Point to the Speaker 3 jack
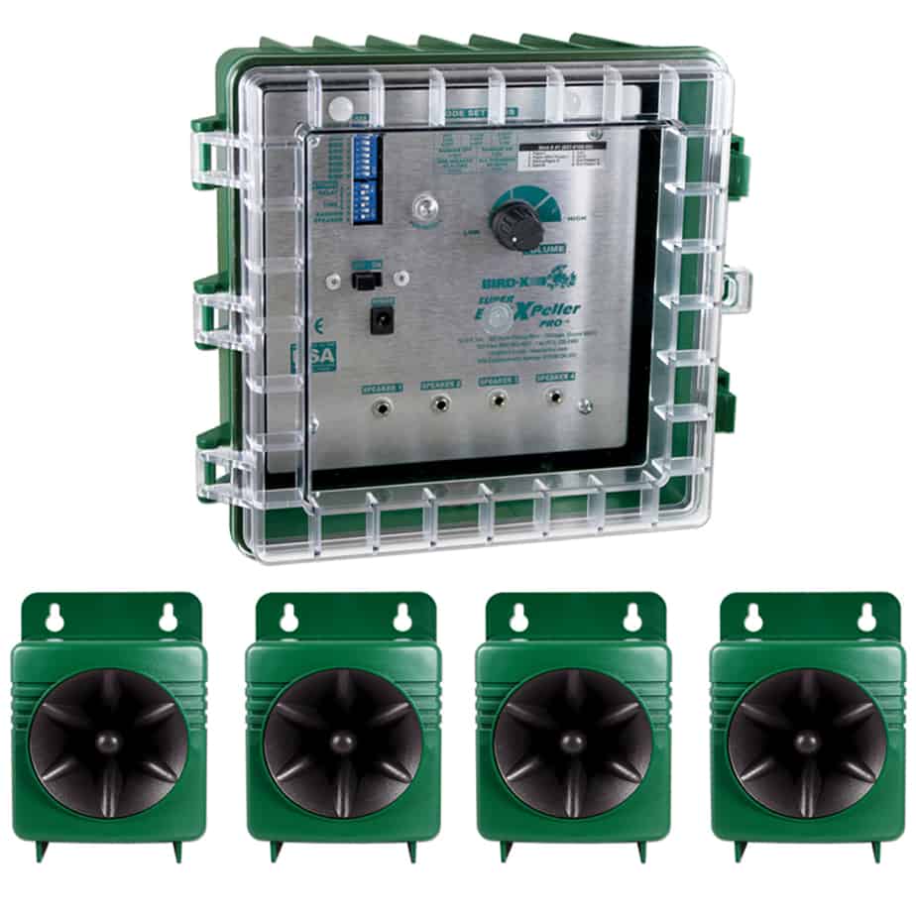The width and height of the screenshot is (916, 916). (x=498, y=401)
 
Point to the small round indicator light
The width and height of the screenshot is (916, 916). (x=424, y=208)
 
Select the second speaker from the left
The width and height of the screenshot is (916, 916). (x=343, y=729)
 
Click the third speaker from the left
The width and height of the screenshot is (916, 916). (x=573, y=729)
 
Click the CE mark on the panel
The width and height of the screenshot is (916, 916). (x=317, y=324)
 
